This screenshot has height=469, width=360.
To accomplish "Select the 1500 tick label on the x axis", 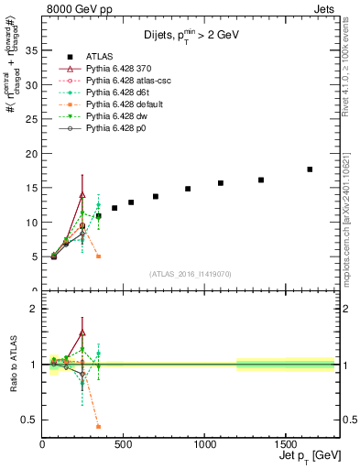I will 284,445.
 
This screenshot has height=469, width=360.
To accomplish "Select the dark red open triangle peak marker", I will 82,194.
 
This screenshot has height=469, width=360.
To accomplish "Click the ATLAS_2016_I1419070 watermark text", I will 191,274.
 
